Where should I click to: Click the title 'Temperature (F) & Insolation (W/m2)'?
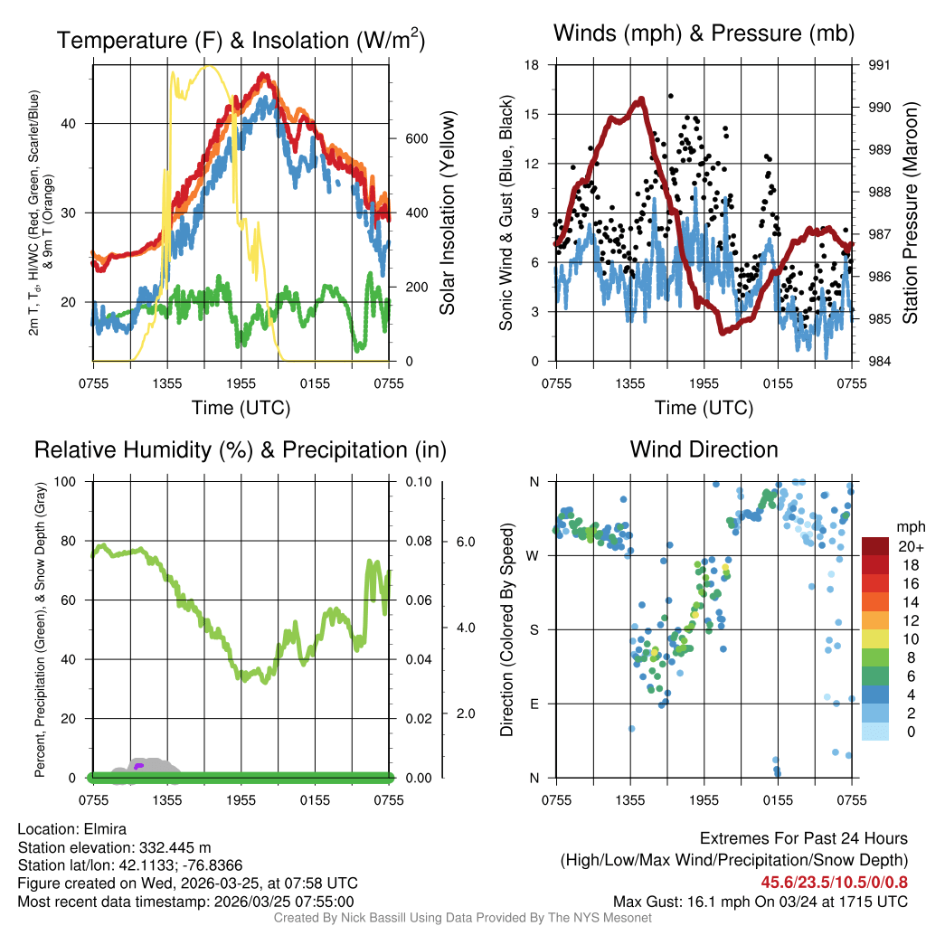tap(241, 41)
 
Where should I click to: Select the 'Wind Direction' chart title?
tap(704, 449)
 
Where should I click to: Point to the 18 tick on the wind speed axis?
tap(532, 65)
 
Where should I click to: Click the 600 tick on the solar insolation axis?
tap(411, 138)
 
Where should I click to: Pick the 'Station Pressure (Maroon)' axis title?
tap(910, 213)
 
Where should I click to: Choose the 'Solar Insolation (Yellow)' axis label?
tap(447, 213)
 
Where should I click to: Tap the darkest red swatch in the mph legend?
tap(876, 546)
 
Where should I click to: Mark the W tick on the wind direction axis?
tap(534, 555)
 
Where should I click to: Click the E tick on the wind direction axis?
tap(534, 704)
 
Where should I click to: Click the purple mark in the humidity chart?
tap(138, 766)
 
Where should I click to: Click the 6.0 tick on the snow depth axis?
tap(464, 542)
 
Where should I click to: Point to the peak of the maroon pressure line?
tap(641, 99)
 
